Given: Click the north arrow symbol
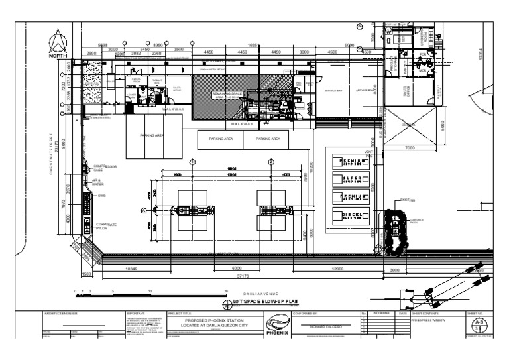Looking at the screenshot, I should click(x=58, y=44).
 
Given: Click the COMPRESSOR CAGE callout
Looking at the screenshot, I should click(x=101, y=168).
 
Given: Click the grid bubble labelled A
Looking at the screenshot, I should click(x=143, y=210).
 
